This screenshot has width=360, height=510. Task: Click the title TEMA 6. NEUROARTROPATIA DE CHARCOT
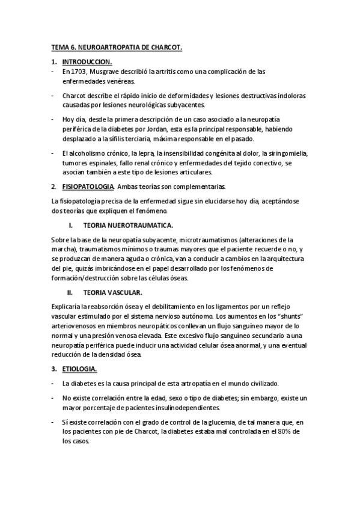115,46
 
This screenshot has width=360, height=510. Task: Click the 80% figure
293,431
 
